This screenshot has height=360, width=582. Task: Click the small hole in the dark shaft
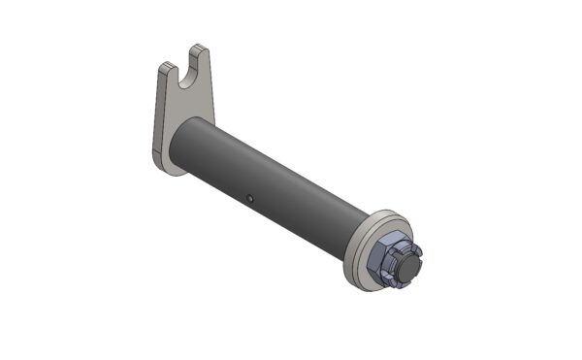point(249,199)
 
